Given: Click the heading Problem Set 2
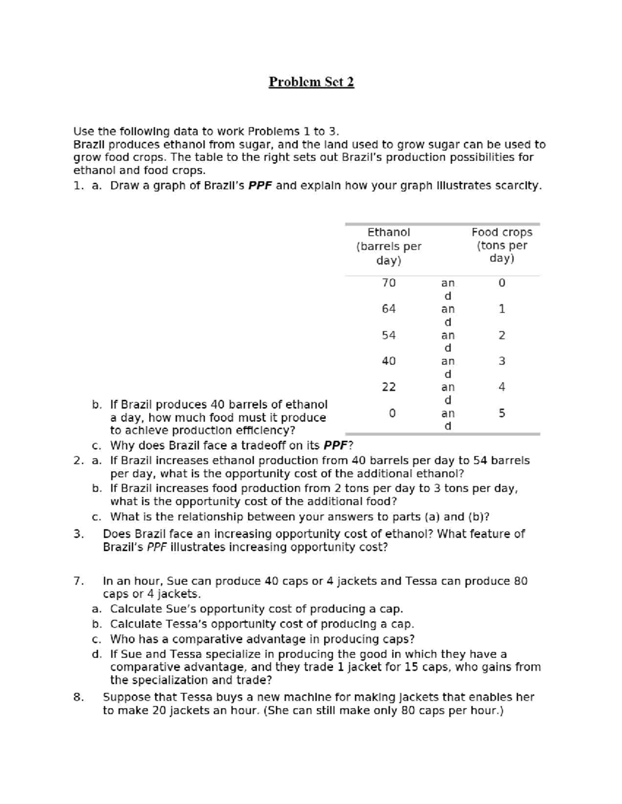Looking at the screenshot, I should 311,82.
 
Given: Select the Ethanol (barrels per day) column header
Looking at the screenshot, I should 389,246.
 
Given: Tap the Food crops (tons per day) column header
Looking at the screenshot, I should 502,245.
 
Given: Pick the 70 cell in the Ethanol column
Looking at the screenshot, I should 389,283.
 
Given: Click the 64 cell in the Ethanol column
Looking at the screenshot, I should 389,309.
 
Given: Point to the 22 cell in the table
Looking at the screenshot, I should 389,387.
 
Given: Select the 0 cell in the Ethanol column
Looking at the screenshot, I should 392,413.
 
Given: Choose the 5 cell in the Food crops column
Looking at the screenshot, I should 502,413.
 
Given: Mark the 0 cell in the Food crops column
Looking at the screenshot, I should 502,283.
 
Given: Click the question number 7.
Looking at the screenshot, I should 78,581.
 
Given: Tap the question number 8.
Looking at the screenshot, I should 78,697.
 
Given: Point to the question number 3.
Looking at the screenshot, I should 78,534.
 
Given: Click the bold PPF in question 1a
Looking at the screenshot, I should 260,185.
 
